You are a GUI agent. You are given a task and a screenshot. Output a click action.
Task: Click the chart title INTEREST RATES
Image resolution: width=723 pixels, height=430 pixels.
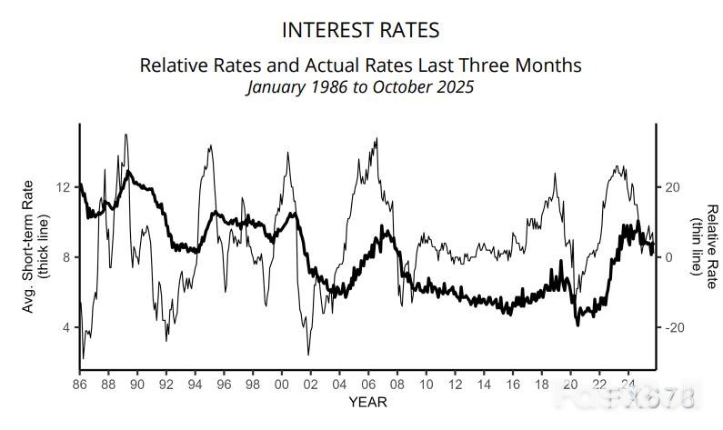pyautogui.click(x=361, y=30)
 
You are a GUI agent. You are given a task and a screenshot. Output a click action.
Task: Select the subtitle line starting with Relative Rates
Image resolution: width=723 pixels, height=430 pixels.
pyautogui.click(x=360, y=65)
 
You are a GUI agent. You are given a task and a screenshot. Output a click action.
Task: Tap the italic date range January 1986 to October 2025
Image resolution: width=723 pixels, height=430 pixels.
pyautogui.click(x=360, y=87)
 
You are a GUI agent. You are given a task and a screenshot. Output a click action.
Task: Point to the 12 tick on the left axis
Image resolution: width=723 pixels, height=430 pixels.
pyautogui.click(x=63, y=187)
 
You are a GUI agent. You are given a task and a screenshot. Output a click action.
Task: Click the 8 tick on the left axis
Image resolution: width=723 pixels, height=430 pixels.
pyautogui.click(x=65, y=257)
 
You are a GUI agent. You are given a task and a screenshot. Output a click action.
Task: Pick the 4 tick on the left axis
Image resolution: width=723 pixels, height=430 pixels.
pyautogui.click(x=65, y=327)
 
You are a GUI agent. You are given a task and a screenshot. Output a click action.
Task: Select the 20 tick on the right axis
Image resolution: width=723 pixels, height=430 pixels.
pyautogui.click(x=673, y=187)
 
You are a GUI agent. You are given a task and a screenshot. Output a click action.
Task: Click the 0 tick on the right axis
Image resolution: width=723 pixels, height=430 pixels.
pyautogui.click(x=669, y=257)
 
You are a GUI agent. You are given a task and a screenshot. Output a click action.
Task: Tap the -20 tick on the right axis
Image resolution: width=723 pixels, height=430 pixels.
pyautogui.click(x=675, y=327)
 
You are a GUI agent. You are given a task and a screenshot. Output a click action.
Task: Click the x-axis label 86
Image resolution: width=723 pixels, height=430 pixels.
pyautogui.click(x=79, y=384)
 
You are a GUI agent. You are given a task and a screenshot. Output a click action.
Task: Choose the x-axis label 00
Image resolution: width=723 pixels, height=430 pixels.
pyautogui.click(x=281, y=384)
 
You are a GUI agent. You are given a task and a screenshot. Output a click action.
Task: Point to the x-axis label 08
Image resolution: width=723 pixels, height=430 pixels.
pyautogui.click(x=396, y=384)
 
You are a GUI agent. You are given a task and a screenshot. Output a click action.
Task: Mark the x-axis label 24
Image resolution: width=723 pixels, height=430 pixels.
pyautogui.click(x=627, y=384)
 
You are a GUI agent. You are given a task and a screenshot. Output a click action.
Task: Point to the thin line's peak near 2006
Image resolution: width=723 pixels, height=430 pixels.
pyautogui.click(x=377, y=139)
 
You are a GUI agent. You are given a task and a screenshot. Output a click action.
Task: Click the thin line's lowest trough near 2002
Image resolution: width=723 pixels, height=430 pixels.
pyautogui.click(x=308, y=354)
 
